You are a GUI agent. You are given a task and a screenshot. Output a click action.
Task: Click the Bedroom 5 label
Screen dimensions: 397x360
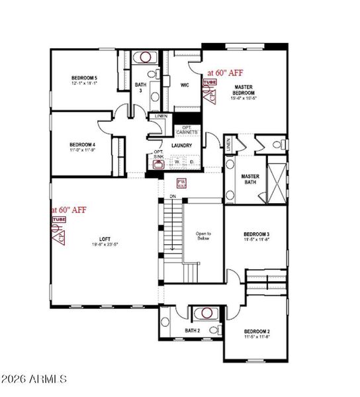tap(85, 79)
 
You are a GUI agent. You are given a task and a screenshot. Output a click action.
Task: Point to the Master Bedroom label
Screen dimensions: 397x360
tap(243, 90)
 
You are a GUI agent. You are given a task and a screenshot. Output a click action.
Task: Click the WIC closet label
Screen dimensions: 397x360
tap(185, 85)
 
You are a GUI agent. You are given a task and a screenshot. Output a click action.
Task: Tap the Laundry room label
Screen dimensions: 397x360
tap(181, 146)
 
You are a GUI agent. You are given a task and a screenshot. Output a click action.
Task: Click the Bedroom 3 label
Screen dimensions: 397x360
tap(255, 234)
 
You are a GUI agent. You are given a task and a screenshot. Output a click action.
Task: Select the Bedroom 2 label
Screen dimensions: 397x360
tap(256, 331)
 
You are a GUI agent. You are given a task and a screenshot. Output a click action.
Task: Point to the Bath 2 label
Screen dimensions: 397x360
tap(192, 330)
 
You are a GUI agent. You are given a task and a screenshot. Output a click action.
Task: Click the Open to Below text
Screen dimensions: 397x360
tap(203, 236)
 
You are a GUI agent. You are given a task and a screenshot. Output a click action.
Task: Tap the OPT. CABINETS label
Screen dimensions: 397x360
tap(187, 130)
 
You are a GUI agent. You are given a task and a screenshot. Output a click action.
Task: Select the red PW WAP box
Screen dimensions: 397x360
tap(181, 185)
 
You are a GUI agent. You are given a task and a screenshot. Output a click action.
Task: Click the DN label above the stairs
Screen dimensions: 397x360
tap(172, 197)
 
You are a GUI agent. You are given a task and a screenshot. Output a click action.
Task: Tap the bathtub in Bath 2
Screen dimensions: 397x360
tap(206, 313)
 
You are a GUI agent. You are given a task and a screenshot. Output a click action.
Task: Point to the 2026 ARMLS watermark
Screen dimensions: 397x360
tap(34, 379)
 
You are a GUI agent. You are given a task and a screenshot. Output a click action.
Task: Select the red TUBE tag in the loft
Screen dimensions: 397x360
tap(60, 219)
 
